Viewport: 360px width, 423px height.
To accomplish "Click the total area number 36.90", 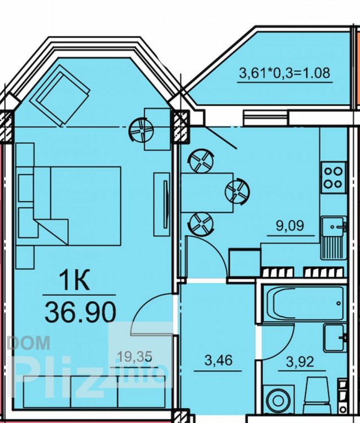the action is [80, 312].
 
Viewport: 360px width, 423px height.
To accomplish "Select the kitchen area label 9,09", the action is [290, 225].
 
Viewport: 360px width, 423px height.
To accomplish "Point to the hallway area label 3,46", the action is [218, 360].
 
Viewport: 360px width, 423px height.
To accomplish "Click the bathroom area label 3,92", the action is [300, 361].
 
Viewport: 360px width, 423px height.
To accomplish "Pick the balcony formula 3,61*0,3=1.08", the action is [285, 73].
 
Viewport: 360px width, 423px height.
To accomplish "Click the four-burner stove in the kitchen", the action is [334, 177].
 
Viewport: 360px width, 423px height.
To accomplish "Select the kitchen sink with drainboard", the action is [334, 238].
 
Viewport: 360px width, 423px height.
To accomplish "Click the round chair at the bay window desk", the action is [141, 131].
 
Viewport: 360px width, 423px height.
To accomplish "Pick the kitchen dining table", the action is [207, 193].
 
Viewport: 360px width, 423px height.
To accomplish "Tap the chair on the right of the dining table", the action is [238, 192].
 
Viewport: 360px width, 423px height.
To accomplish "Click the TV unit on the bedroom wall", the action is [161, 204].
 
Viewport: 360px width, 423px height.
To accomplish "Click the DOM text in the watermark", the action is [29, 343].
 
